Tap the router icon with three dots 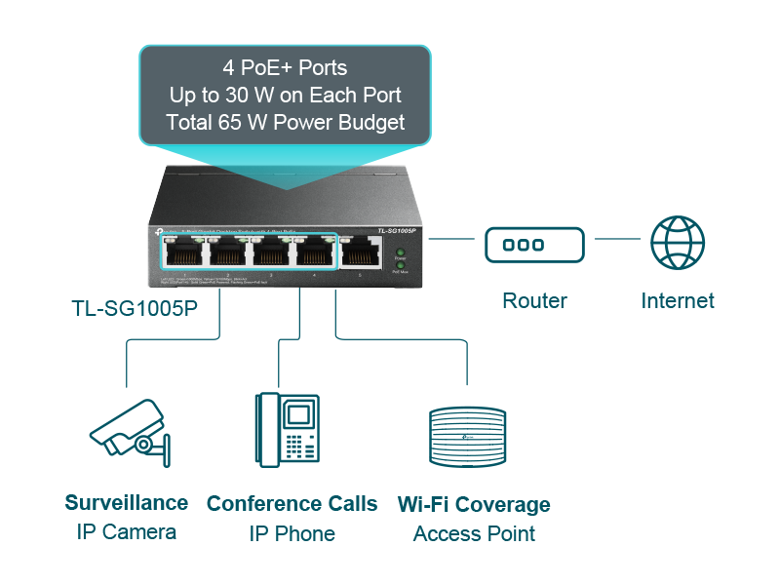coord(534,245)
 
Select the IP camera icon coord(129,428)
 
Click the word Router coord(534,300)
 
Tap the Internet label coord(678,300)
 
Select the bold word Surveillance coord(127,503)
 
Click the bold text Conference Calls coord(292,504)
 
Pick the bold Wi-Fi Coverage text coord(474,505)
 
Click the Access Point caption coord(474,534)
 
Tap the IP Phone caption coord(292,534)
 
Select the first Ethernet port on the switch coord(184,253)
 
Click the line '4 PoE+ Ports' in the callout coord(285,69)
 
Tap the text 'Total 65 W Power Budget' coord(285,123)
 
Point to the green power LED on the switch coord(399,253)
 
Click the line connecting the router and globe coord(617,239)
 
